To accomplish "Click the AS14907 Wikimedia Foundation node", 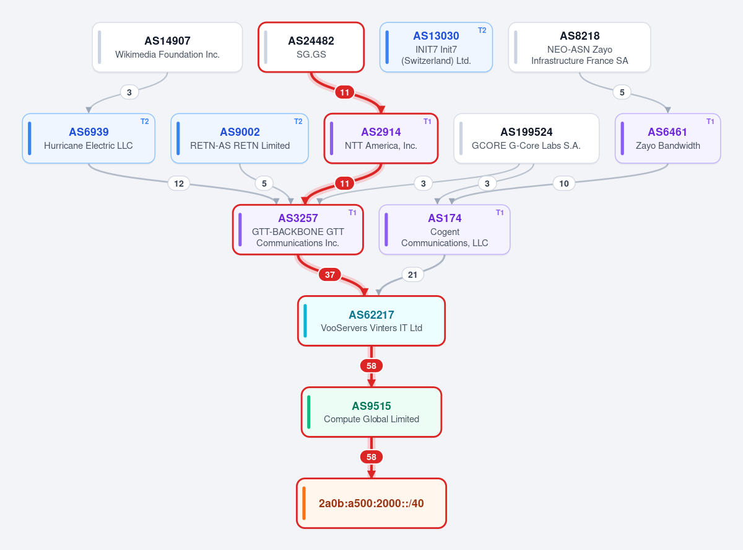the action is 167,47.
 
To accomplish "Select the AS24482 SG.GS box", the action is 311,47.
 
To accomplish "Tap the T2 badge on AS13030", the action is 482,30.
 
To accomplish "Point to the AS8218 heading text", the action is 580,36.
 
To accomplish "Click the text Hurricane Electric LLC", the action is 89,146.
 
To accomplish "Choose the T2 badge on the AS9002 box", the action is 298,122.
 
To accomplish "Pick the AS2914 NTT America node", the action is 381,139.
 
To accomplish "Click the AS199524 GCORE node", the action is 526,139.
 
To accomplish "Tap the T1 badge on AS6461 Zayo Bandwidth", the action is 710,122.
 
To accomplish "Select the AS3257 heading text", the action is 298,218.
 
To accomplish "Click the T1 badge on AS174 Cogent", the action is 500,213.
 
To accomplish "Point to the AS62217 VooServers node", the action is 371,321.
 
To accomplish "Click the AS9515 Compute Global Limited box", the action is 371,412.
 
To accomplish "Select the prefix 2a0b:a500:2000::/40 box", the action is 371,503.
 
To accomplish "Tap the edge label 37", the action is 329,275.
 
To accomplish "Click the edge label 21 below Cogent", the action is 412,275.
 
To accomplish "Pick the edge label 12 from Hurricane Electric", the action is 179,184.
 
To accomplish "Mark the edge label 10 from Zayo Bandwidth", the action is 564,184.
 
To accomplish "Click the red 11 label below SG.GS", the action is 344,92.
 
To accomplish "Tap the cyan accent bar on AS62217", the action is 305,321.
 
